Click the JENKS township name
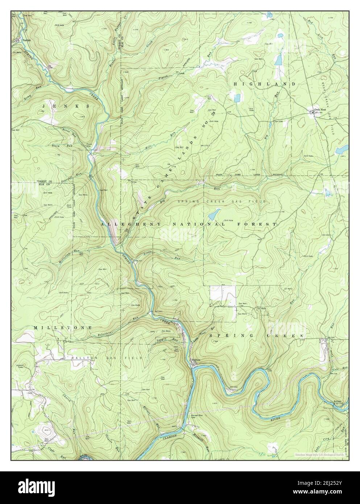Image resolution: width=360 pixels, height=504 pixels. (66, 106)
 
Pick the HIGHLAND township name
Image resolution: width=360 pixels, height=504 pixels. (264, 84)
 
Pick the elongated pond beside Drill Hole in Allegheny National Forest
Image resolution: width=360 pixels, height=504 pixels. (215, 214)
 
